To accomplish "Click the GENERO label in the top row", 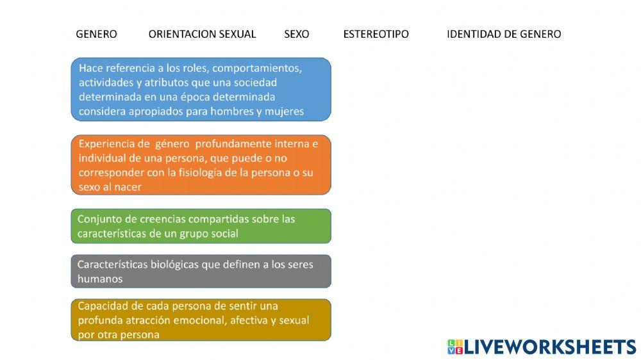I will click(96, 35).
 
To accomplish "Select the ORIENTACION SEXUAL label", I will click(202, 35).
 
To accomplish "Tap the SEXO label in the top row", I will click(296, 35).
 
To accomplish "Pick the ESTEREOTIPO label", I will click(376, 35).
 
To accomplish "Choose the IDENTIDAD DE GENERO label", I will click(503, 35).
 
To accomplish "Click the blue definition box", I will click(201, 89).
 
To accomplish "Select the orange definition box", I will click(201, 165).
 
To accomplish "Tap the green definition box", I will click(201, 226).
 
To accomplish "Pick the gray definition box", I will click(201, 271).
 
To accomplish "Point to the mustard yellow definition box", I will click(201, 320).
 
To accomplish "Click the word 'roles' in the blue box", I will click(184, 68).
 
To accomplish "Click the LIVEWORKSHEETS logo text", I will click(549, 347).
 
